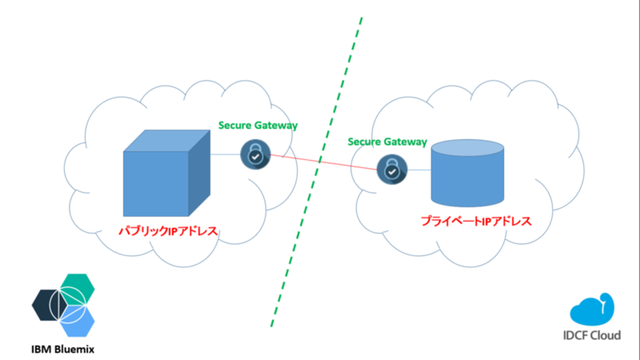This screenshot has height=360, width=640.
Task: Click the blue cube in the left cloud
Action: pyautogui.click(x=156, y=182)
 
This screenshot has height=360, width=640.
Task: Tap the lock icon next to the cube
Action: pyautogui.click(x=256, y=155)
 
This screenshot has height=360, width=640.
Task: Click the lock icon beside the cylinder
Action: pyautogui.click(x=392, y=169)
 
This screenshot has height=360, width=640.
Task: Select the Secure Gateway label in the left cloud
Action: pyautogui.click(x=258, y=125)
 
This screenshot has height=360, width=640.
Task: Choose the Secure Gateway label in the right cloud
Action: pyautogui.click(x=387, y=142)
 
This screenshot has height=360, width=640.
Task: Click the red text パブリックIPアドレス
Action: pyautogui.click(x=168, y=230)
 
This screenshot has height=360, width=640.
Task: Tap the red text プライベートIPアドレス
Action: pyautogui.click(x=476, y=221)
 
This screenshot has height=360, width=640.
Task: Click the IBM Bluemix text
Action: pyautogui.click(x=63, y=350)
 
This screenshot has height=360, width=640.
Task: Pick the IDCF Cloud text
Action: pyautogui.click(x=592, y=335)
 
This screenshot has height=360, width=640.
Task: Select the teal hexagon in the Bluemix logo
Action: pyautogui.click(x=78, y=288)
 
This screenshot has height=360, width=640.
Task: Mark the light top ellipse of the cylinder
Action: pyautogui.click(x=467, y=148)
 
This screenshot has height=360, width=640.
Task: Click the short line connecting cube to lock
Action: pyautogui.click(x=225, y=155)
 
